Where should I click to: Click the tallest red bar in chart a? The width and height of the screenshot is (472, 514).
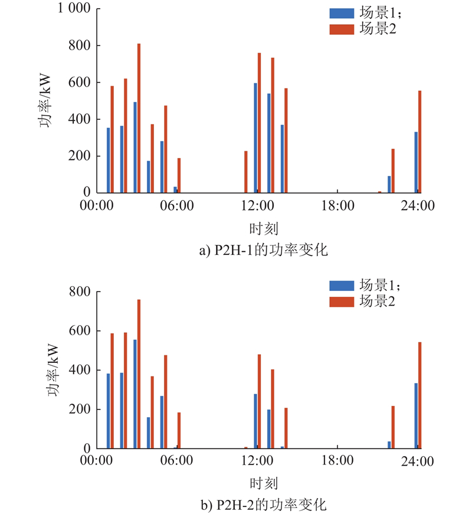pos(139,118)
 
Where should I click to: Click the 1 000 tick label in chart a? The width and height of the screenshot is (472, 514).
pos(74,9)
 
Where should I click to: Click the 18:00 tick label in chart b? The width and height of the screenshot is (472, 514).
pos(337,461)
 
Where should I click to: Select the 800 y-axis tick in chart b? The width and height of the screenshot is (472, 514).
pos(81,292)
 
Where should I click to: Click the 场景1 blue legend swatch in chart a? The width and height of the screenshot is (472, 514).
pos(341,13)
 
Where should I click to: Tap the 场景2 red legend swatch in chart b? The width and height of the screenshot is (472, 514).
pos(341,302)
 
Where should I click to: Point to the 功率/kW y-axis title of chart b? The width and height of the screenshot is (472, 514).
pos(52,370)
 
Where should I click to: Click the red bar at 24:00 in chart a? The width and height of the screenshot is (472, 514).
pos(419,142)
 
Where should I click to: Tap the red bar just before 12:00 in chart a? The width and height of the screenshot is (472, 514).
pos(246,172)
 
